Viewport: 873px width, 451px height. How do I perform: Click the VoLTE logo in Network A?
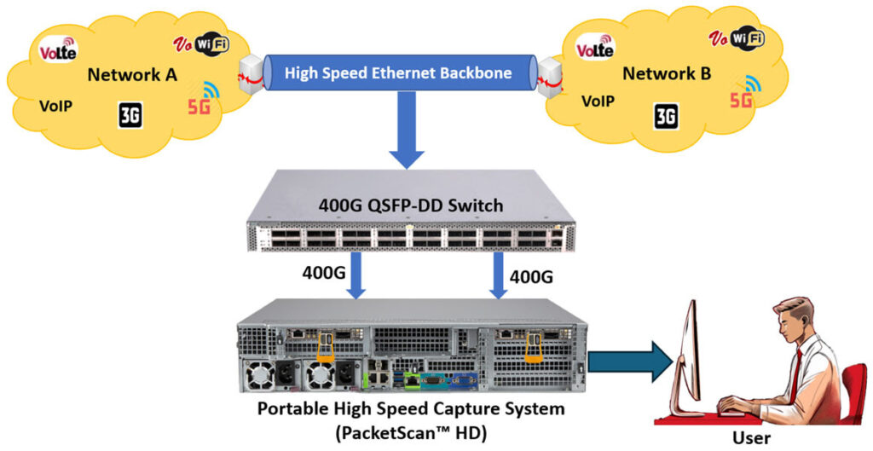59,50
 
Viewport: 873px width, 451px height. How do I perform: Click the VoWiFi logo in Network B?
735,38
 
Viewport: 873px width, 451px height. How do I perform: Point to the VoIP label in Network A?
55,107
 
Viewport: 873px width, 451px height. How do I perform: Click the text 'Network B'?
666,74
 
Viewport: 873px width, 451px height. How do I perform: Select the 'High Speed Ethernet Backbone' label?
398,73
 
